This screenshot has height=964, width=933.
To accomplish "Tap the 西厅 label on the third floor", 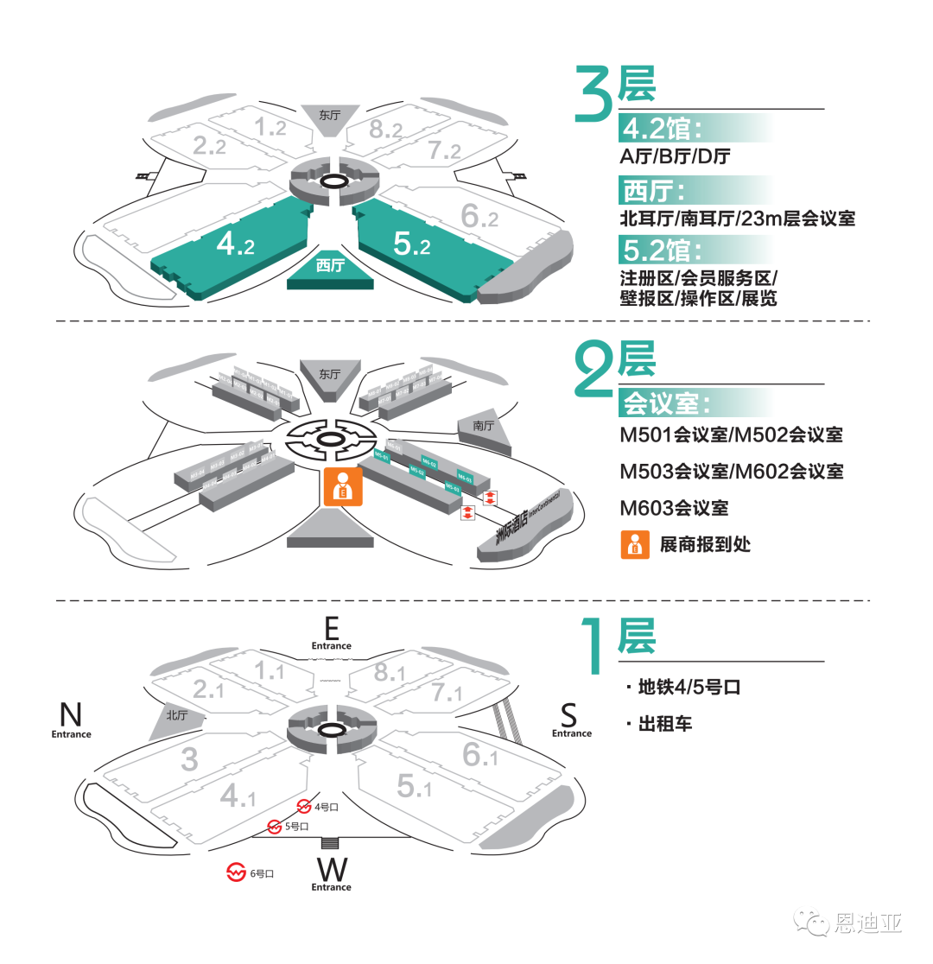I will (x=330, y=266).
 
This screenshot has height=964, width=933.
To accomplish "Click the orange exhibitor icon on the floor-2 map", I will (x=343, y=486).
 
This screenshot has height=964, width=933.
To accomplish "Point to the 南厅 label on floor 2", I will (x=483, y=426).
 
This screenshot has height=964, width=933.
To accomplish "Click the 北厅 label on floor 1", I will (x=177, y=715).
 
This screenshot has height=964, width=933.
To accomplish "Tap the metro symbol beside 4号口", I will (x=303, y=806).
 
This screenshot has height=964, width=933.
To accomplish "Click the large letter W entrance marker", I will (x=332, y=867).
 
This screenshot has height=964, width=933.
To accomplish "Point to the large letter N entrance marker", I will (x=71, y=714).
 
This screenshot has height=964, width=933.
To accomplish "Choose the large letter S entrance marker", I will (x=568, y=715).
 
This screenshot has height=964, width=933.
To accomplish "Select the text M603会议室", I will (x=674, y=508).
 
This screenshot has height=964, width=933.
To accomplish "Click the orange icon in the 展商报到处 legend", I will (x=635, y=545).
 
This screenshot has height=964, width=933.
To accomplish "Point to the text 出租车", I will (x=665, y=724).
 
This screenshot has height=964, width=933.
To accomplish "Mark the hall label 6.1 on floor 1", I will (x=479, y=755).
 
